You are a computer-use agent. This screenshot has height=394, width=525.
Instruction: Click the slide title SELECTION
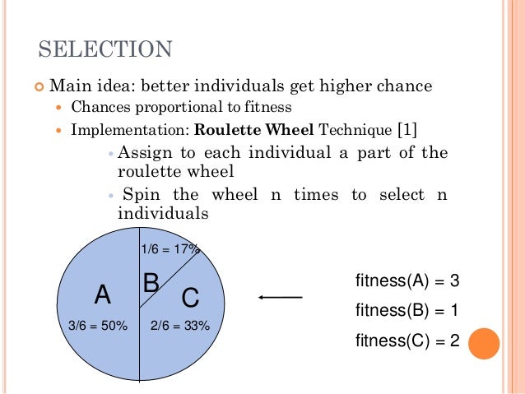coord(106,49)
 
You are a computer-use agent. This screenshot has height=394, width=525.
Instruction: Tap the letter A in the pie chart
coord(102,294)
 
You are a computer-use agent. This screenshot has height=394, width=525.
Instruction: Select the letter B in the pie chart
coord(151,284)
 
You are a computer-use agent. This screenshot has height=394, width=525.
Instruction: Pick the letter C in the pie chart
coord(190,296)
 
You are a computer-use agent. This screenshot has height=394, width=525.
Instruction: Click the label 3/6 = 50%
coord(98,326)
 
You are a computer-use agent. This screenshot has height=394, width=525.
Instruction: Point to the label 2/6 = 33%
coord(180,326)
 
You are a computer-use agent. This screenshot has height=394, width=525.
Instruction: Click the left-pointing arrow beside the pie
coord(281,297)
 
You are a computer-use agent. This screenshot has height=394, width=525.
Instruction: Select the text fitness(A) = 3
coord(407,281)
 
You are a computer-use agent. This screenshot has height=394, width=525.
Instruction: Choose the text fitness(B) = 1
coord(407,310)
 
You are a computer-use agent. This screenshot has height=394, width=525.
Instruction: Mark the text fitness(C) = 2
coord(407,340)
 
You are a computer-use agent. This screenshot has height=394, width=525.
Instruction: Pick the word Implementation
coord(130,129)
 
